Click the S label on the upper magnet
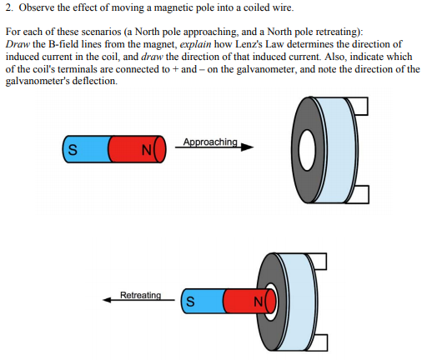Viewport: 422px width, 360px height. (x=73, y=150)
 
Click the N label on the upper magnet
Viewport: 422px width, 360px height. (x=146, y=150)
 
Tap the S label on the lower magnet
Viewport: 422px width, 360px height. (x=190, y=302)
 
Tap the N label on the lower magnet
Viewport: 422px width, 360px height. (x=259, y=302)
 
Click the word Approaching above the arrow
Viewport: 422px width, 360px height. (x=210, y=142)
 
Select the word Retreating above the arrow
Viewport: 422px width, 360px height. (x=140, y=295)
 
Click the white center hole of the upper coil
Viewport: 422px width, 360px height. (x=307, y=150)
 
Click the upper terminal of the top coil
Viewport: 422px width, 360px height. (x=361, y=106)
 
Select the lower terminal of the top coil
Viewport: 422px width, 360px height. (x=361, y=194)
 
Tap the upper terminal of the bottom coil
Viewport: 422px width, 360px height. (x=319, y=261)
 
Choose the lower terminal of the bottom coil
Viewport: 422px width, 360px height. (x=320, y=342)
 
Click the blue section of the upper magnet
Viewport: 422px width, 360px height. (x=87, y=149)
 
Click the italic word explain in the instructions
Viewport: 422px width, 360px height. (x=195, y=44)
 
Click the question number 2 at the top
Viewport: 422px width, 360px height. (x=9, y=7)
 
